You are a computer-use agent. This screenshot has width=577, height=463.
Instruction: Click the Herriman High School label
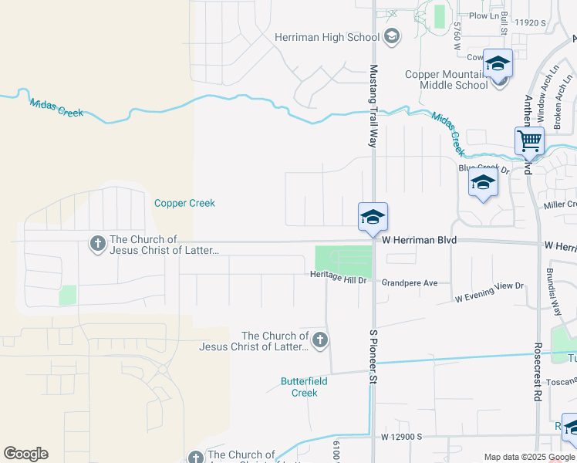pyautogui.click(x=327, y=37)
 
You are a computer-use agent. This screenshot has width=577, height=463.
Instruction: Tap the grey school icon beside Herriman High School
pyautogui.click(x=391, y=36)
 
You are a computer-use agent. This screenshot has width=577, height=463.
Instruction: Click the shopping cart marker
pyautogui.click(x=530, y=141)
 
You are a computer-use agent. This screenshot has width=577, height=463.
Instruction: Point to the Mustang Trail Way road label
pyautogui.click(x=373, y=106)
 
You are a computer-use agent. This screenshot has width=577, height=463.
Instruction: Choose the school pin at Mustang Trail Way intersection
pyautogui.click(x=373, y=217)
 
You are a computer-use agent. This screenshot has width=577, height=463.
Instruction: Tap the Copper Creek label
pyautogui.click(x=184, y=203)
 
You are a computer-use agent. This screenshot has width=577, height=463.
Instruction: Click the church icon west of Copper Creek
pyautogui.click(x=97, y=245)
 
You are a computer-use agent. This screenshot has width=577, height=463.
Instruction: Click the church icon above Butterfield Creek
pyautogui.click(x=319, y=340)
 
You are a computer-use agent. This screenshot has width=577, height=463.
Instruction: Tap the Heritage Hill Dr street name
pyautogui.click(x=338, y=276)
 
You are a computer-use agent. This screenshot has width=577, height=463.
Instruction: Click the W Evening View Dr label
pyautogui.click(x=489, y=291)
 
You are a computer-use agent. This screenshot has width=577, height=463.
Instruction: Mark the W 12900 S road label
pyautogui.click(x=401, y=437)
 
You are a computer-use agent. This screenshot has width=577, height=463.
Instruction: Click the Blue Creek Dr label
pyautogui.click(x=484, y=168)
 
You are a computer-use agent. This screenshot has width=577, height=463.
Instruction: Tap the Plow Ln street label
pyautogui.click(x=484, y=15)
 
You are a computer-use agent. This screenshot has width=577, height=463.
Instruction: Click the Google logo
pyautogui.click(x=25, y=454)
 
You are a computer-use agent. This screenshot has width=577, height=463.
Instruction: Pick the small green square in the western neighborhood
pyautogui.click(x=68, y=295)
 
